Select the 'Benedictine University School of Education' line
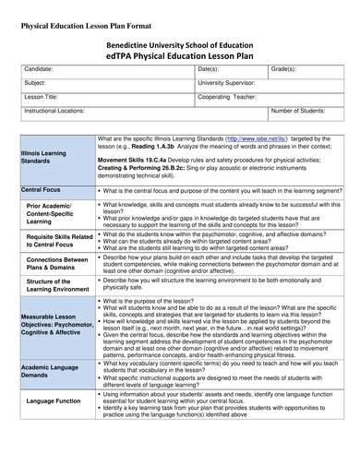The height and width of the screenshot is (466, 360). click(x=180, y=42)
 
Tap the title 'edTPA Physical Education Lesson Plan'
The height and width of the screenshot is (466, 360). click(x=180, y=55)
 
